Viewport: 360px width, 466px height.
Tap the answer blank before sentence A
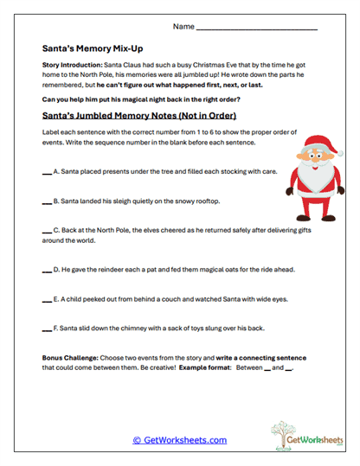46,173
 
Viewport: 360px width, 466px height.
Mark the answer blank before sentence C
46,233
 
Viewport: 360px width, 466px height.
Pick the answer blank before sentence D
46,271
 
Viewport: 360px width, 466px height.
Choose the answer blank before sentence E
46,301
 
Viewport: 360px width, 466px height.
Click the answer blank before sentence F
46,330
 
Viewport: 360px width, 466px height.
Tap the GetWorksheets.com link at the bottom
179,440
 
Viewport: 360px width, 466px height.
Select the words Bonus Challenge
70,357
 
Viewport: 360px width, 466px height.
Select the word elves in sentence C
140,232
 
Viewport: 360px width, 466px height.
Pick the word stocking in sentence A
225,172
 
